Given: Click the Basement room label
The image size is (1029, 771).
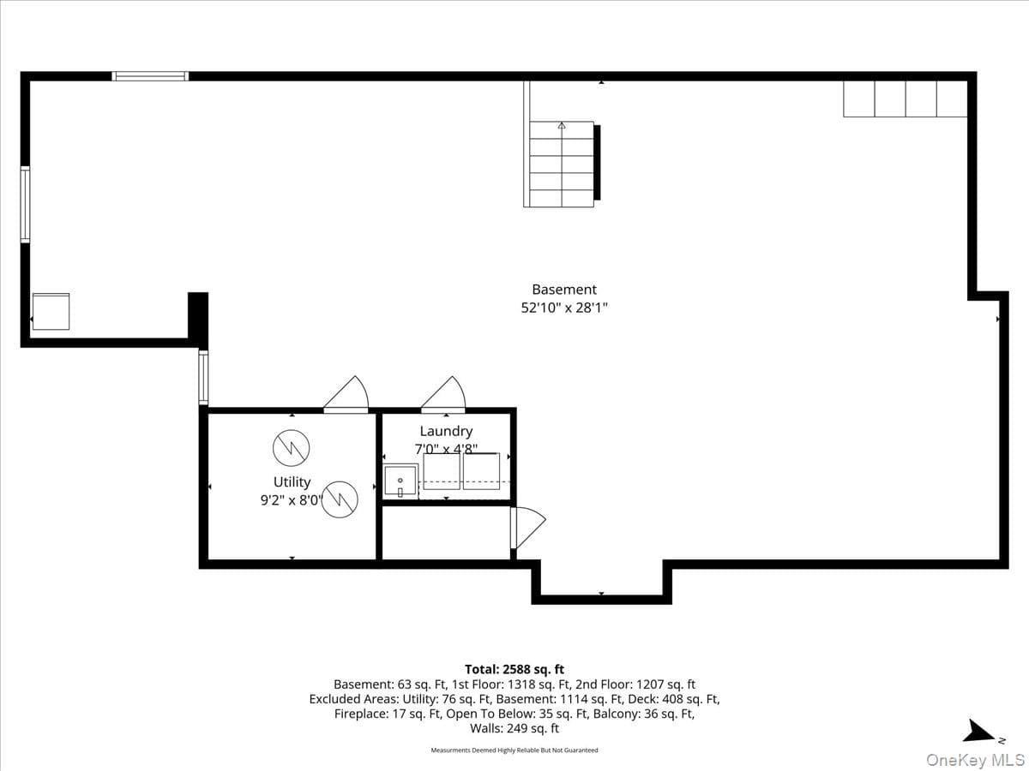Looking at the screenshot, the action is coord(564,290).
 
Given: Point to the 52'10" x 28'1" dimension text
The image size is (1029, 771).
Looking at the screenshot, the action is coord(564,308).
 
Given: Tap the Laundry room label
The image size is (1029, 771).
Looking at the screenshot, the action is coord(446,431).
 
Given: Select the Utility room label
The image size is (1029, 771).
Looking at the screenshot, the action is coord(292,481).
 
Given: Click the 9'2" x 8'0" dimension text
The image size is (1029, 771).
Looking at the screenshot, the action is coord(292,500).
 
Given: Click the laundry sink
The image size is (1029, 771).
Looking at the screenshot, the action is coord(400,481).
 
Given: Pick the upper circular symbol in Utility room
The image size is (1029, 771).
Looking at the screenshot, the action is coord(291,448).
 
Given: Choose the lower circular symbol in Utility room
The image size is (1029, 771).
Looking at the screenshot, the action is coord(340,499).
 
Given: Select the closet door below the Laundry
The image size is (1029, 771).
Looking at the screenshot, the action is coord(528,528).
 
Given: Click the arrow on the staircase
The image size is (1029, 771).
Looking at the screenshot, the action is coord(562,125).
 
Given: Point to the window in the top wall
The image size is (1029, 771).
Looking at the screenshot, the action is coord(150,76).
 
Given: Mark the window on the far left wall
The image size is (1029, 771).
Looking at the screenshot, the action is coord(26,205).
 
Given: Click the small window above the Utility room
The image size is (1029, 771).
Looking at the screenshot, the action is coord(203,377).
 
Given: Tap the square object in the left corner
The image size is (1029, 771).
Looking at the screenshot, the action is coord(51,311).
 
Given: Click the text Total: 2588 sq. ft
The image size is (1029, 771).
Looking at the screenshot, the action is coord(514,669).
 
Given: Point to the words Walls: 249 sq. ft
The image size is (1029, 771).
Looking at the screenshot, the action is coord(514,728).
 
